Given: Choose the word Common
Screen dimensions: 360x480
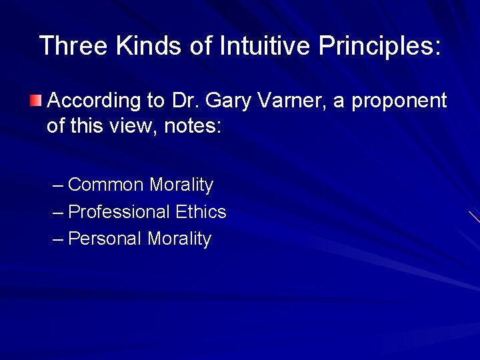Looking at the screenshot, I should pos(107,185).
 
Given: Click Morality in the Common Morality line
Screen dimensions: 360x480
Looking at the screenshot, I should pos(181,185).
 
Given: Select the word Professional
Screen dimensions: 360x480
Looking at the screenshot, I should pos(119,212).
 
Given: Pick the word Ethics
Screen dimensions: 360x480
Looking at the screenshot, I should pos(201,212).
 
